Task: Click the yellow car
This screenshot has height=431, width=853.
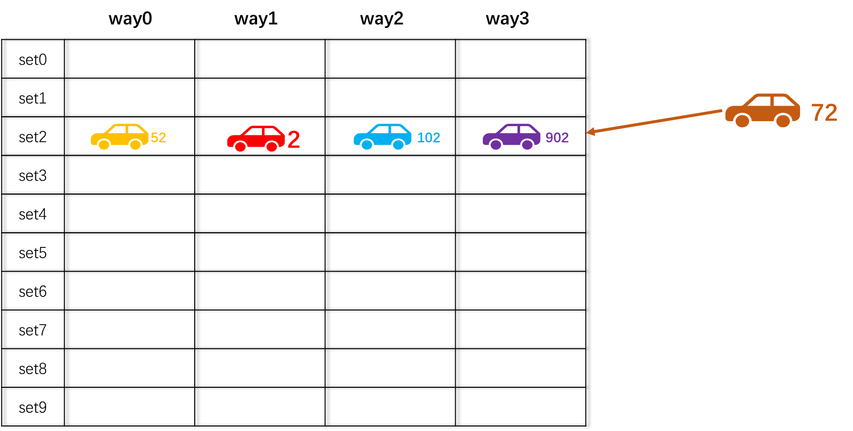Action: click(x=119, y=136)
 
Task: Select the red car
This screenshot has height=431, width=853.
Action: click(x=256, y=138)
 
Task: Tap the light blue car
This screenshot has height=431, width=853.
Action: click(x=382, y=136)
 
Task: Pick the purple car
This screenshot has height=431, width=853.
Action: click(x=511, y=136)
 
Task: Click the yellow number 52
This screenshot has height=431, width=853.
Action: click(x=158, y=137)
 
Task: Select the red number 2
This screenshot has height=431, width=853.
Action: click(x=293, y=139)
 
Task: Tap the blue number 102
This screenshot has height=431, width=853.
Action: click(x=428, y=137)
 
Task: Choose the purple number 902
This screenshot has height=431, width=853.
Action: click(x=557, y=137)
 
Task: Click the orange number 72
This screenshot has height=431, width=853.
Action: click(x=824, y=112)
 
